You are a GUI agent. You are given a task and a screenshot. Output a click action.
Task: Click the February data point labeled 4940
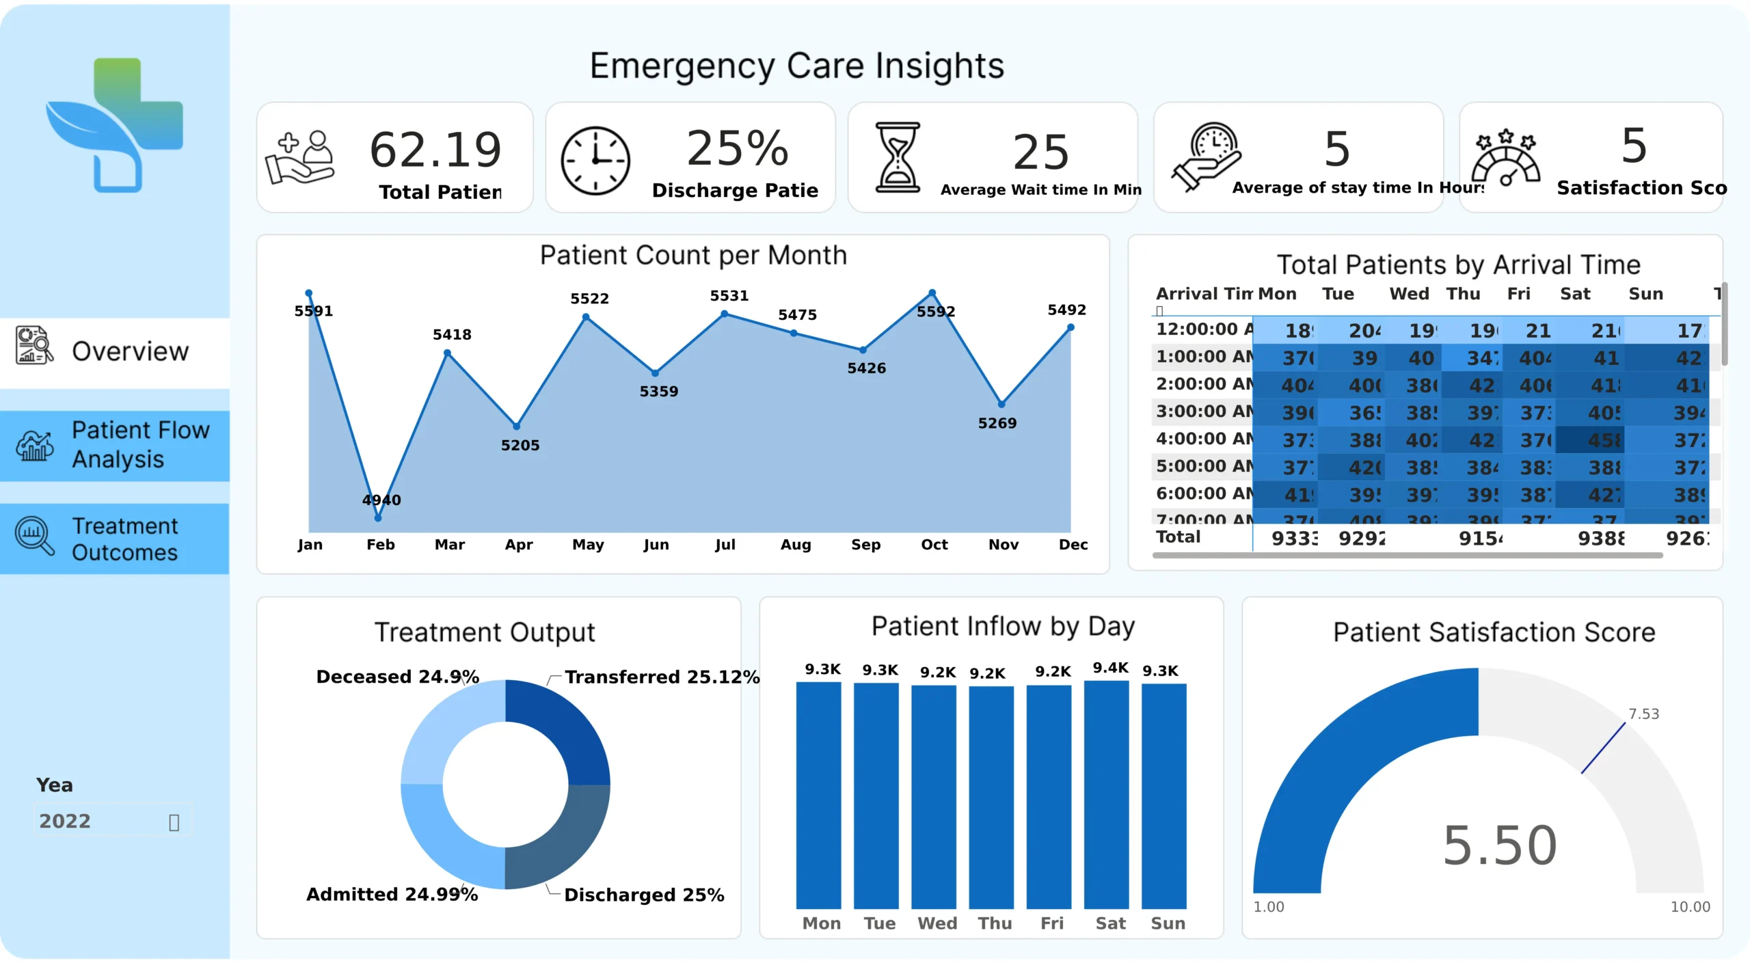(378, 518)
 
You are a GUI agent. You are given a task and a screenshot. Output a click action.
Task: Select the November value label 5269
(997, 424)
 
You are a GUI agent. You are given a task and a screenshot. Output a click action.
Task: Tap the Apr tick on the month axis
(519, 545)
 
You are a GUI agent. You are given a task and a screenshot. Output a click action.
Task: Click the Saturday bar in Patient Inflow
(1106, 793)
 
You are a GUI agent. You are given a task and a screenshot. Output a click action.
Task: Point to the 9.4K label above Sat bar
(1110, 668)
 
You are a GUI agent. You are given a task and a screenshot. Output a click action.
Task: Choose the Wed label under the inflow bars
(937, 923)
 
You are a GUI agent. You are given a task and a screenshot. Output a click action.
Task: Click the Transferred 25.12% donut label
(662, 677)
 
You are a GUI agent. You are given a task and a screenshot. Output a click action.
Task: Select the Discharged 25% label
(644, 895)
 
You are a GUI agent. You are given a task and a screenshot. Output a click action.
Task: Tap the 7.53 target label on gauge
(1643, 714)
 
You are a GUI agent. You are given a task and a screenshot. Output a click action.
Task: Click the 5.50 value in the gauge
(1500, 845)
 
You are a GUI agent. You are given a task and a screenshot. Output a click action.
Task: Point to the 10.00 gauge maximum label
(1690, 907)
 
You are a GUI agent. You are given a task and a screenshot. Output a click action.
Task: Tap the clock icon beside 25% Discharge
(595, 161)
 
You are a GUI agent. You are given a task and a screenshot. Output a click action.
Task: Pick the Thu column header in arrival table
(1463, 294)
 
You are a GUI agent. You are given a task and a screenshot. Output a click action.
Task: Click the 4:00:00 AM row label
(1204, 439)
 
